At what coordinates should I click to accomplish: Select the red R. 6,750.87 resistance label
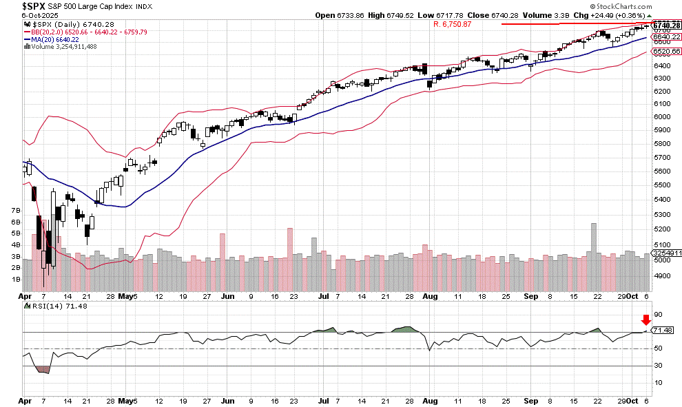[453, 24]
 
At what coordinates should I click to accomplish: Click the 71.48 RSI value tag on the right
[662, 331]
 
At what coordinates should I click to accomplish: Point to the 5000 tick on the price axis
[663, 260]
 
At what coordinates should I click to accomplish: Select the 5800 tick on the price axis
[663, 144]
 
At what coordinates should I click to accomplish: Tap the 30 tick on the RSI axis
[657, 366]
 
